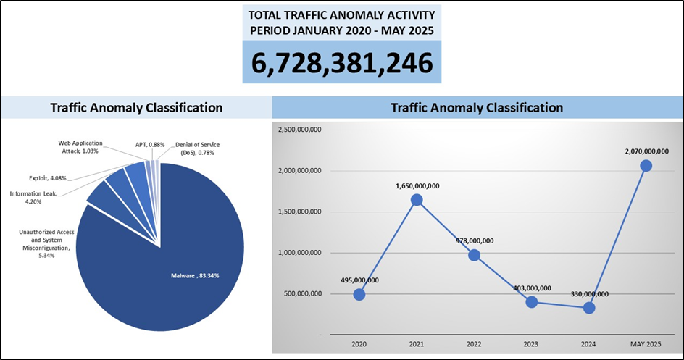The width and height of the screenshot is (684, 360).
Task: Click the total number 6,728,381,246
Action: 341,63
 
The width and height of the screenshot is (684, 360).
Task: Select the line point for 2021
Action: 416,200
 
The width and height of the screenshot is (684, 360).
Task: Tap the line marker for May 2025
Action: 646,166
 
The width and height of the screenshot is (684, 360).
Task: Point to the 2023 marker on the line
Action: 531,301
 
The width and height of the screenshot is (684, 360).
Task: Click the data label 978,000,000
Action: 475,241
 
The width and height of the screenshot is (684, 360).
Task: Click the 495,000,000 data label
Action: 359,280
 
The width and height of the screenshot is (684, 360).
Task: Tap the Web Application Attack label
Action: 80,147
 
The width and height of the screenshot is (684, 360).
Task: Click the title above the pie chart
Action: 136,108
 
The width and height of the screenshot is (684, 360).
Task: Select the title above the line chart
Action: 477,108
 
